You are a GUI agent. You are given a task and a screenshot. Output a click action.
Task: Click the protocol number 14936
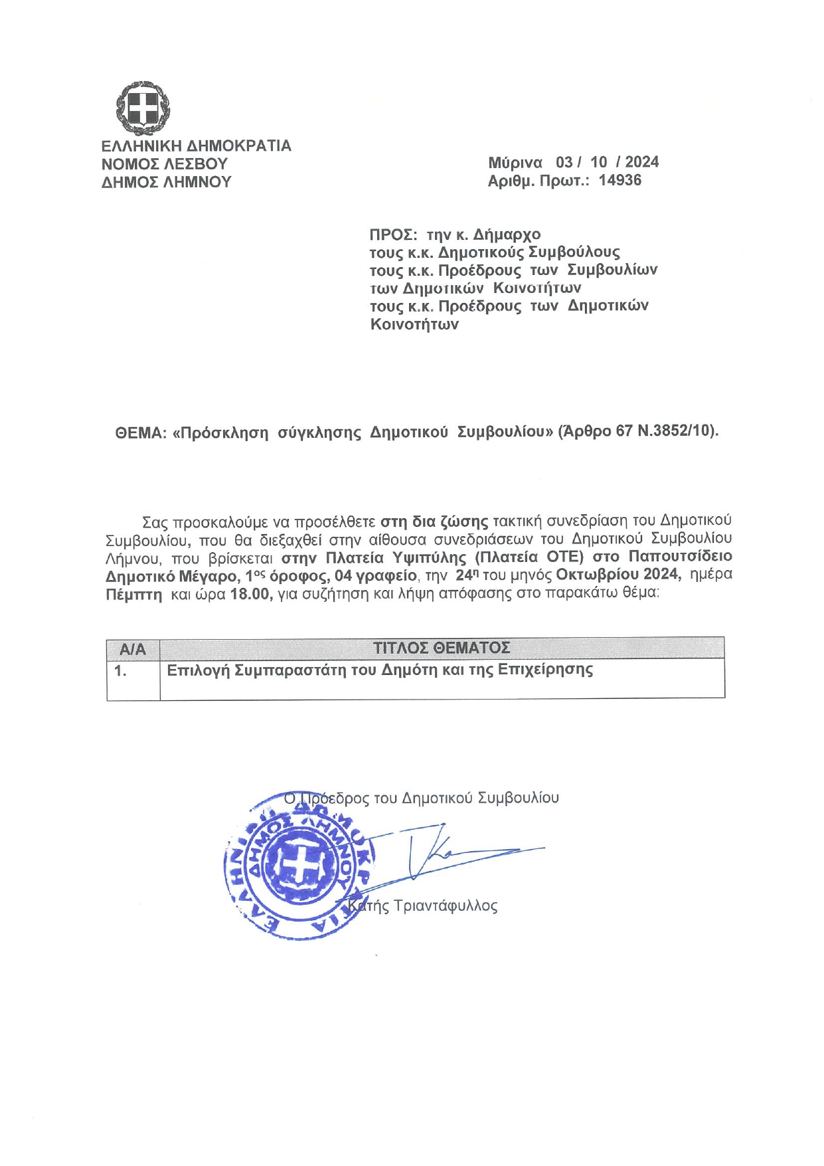tap(619, 180)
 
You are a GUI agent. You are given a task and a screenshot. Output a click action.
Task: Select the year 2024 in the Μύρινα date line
tap(641, 162)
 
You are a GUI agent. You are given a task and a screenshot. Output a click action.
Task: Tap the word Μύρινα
tap(515, 163)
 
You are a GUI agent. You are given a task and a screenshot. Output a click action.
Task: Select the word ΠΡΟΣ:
tap(393, 235)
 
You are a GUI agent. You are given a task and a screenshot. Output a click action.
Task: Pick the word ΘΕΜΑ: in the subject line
tap(139, 433)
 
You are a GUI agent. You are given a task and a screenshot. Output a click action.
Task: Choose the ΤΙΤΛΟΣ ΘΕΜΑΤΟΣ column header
tap(441, 648)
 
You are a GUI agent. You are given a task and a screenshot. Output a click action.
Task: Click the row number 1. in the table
tap(120, 671)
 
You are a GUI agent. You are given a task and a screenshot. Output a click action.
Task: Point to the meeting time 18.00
tap(250, 593)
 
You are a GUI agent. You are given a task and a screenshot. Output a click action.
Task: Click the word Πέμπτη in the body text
tap(133, 595)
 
